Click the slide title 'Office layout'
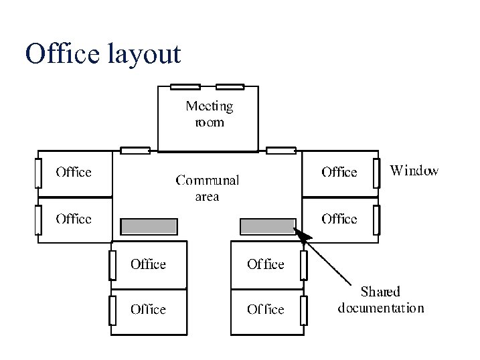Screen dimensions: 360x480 [x=102, y=54]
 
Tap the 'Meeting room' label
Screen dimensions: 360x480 [x=209, y=114]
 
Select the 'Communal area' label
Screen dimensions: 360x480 [x=207, y=187]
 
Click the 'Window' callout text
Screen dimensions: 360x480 [x=414, y=171]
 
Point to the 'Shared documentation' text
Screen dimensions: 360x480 [x=380, y=300]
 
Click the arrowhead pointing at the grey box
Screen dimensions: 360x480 [x=303, y=236]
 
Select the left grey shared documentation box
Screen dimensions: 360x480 [x=149, y=227]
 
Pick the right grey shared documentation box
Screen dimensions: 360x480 [x=268, y=227]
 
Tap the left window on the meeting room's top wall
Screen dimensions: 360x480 [x=185, y=86]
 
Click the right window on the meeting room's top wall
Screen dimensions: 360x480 [x=230, y=86]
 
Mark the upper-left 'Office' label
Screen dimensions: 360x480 [x=73, y=173]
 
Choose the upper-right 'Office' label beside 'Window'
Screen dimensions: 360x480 [x=339, y=173]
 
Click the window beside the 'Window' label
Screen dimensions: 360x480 [x=377, y=173]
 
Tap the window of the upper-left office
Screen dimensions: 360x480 [x=38, y=173]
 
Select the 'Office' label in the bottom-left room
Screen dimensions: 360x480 [x=148, y=309]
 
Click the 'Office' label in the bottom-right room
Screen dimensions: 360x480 [x=265, y=309]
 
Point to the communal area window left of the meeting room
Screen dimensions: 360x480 [x=135, y=150]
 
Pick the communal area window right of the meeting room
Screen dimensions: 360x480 [x=281, y=150]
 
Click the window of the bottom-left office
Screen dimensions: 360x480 [x=113, y=310]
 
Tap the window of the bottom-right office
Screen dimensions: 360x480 [x=303, y=310]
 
